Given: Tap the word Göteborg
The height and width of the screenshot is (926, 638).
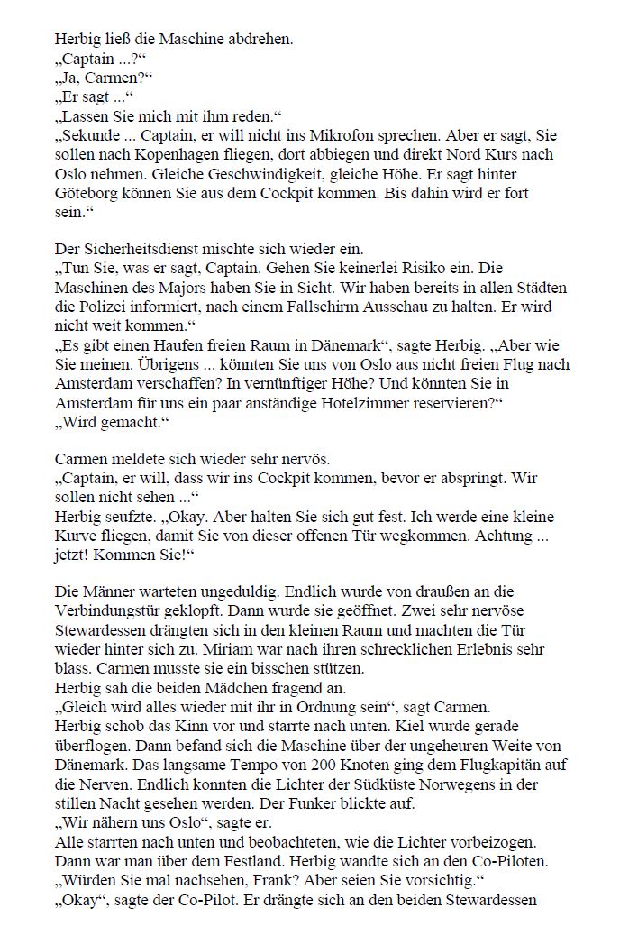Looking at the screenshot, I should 87,194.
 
